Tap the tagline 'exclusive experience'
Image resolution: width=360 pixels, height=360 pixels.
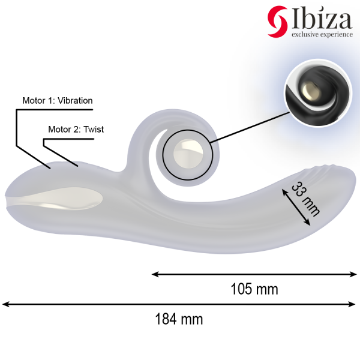coord(322,35)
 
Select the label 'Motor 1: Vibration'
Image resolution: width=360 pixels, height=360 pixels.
coord(57,101)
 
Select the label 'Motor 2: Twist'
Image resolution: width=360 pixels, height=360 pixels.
coord(70,129)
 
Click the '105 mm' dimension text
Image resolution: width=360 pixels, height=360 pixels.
coord(254,289)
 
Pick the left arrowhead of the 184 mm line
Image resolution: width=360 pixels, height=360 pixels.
coord(7,304)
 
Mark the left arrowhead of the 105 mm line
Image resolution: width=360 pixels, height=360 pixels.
coord(155,274)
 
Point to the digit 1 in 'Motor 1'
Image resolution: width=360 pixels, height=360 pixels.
coord(51,101)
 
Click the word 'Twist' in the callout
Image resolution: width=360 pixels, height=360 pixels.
coord(94,129)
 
